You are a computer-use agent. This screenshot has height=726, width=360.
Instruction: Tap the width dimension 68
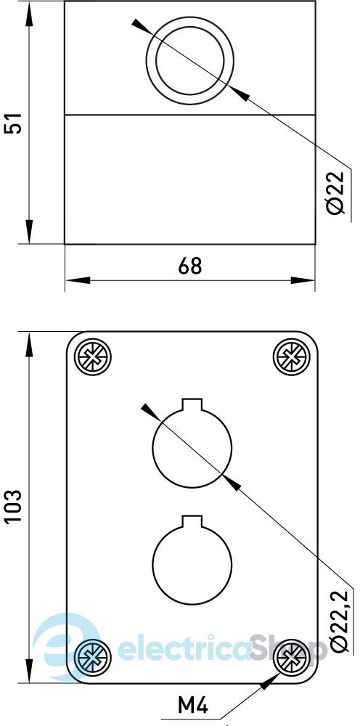pos(189,266)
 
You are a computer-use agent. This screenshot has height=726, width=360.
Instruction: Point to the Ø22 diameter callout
pos(335,192)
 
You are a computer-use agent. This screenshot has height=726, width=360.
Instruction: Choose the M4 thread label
pos(193,706)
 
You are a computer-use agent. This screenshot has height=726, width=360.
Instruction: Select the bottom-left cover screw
pos(93,656)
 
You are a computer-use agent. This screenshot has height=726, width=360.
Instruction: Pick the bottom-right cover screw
pos(292,656)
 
